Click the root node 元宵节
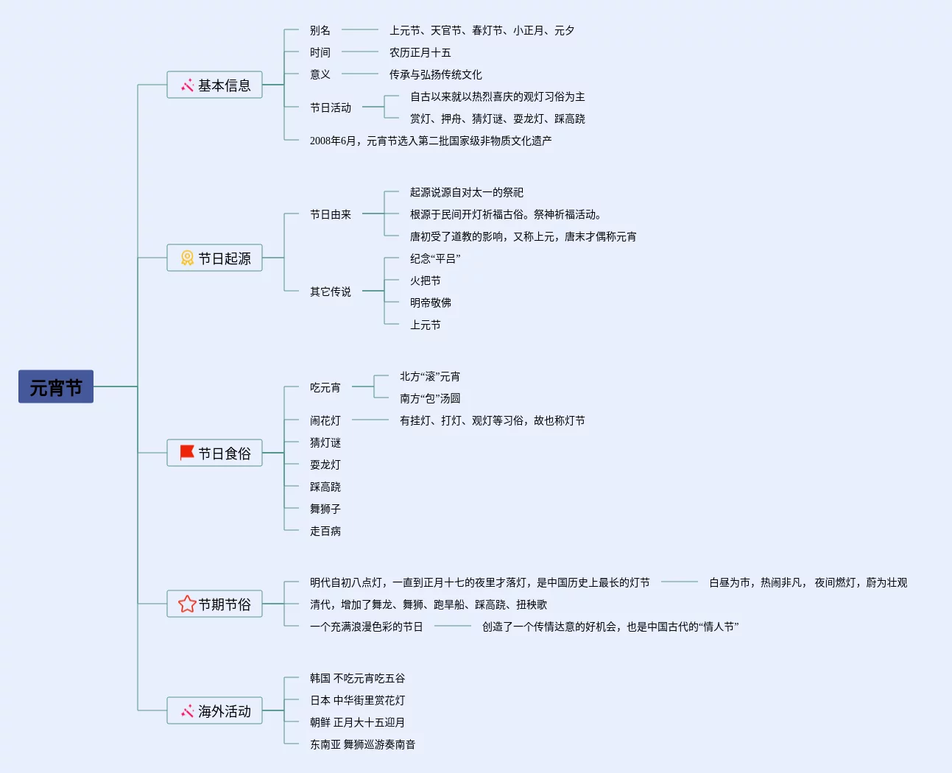56,386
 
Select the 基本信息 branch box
214,85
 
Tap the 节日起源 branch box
214,258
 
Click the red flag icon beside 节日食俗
187,452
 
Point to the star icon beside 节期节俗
187,604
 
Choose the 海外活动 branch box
214,710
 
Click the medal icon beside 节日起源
187,258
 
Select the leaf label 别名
320,30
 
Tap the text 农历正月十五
420,52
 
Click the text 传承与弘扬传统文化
435,74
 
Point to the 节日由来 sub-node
330,214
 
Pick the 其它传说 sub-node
330,292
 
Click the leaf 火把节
425,280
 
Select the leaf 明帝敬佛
430,303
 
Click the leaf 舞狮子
325,509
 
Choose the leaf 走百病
325,531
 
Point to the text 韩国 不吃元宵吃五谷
357,678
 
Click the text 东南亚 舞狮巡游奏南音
362,744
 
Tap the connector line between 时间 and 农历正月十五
360,52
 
